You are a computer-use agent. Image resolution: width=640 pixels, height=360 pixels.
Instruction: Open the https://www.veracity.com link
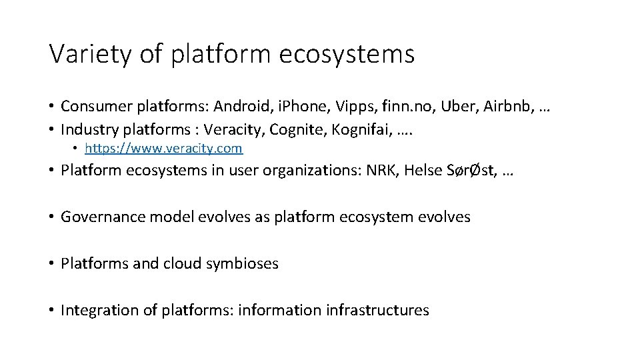click(x=163, y=148)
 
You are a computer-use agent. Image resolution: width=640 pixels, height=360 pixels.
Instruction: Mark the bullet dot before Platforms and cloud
click(x=52, y=264)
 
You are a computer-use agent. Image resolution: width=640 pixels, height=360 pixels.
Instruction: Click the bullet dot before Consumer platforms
click(x=52, y=107)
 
